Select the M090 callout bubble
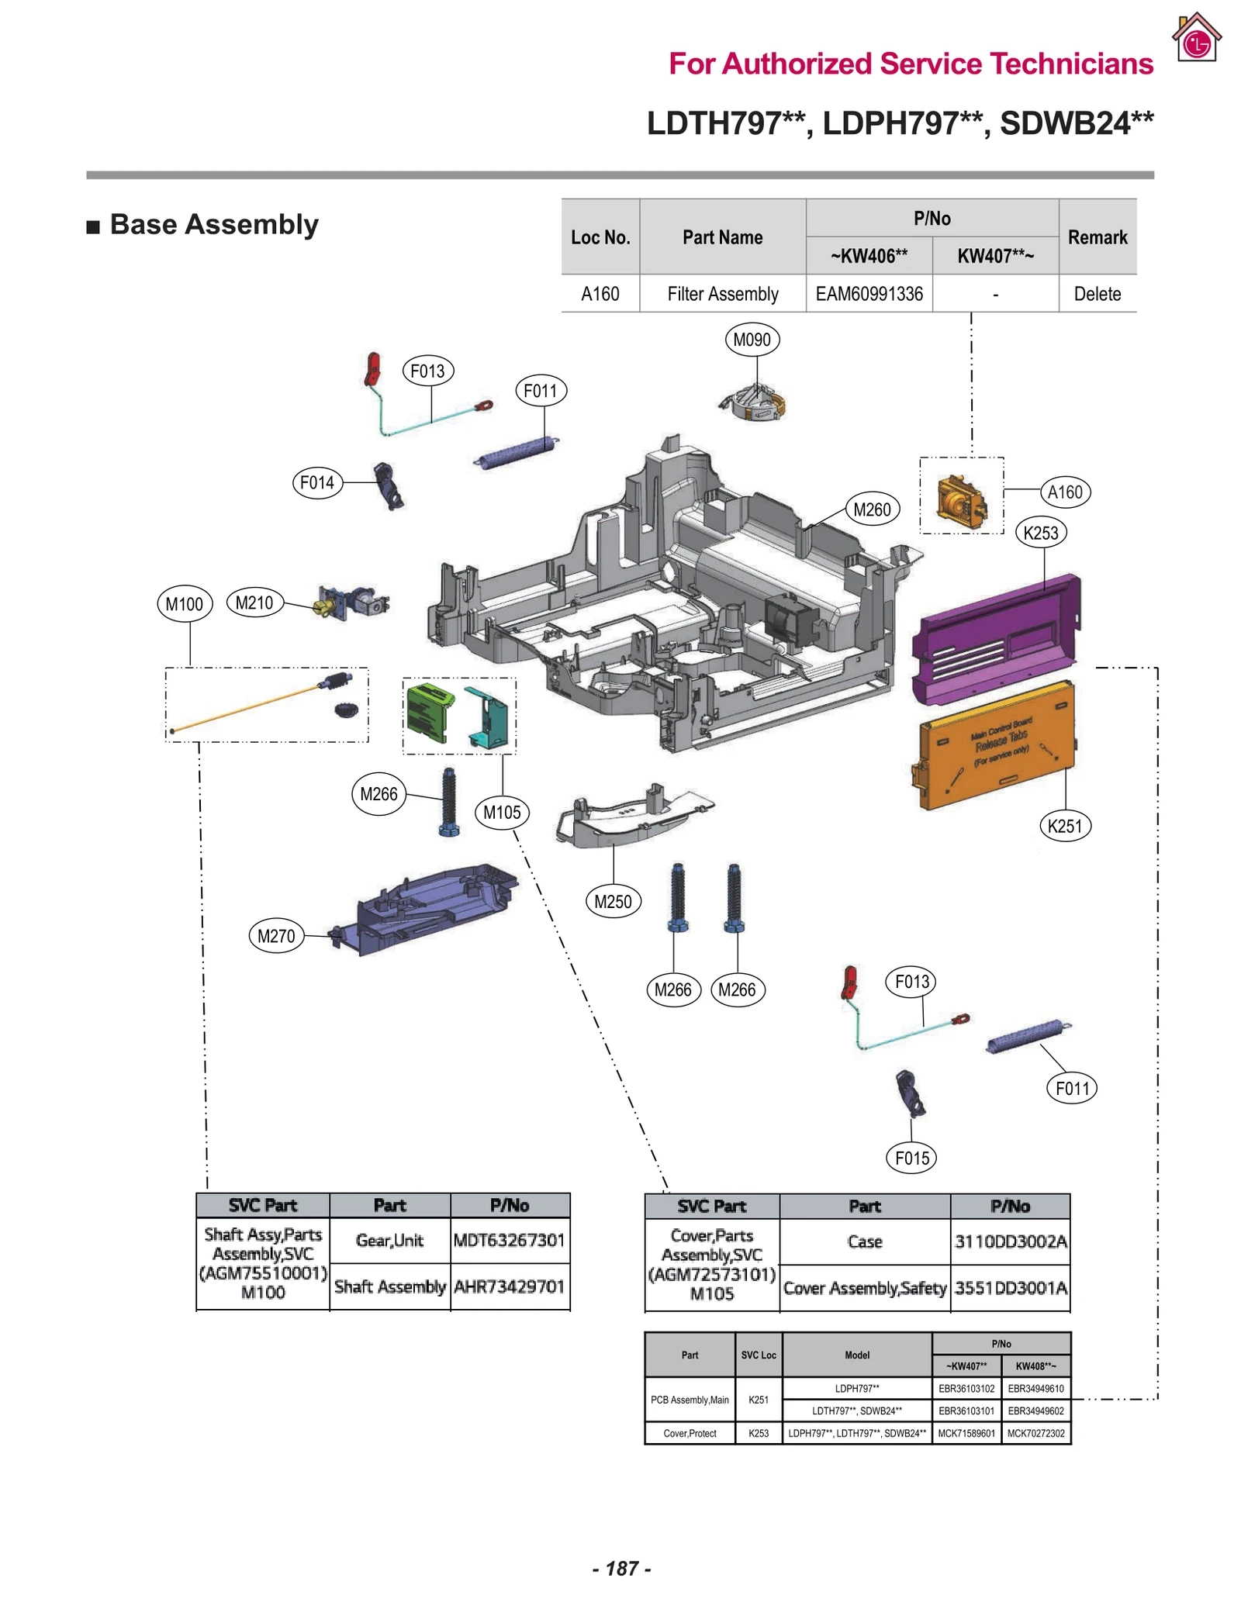point(751,340)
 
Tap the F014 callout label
point(316,482)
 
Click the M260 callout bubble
point(871,509)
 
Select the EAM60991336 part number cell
point(868,294)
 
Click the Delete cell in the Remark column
point(1096,294)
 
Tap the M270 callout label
point(275,936)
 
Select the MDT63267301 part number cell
point(509,1240)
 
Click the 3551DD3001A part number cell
point(1010,1288)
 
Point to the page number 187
point(620,1568)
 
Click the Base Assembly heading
point(213,224)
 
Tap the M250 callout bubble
point(612,901)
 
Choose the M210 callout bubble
point(254,603)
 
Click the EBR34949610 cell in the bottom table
point(1035,1388)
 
